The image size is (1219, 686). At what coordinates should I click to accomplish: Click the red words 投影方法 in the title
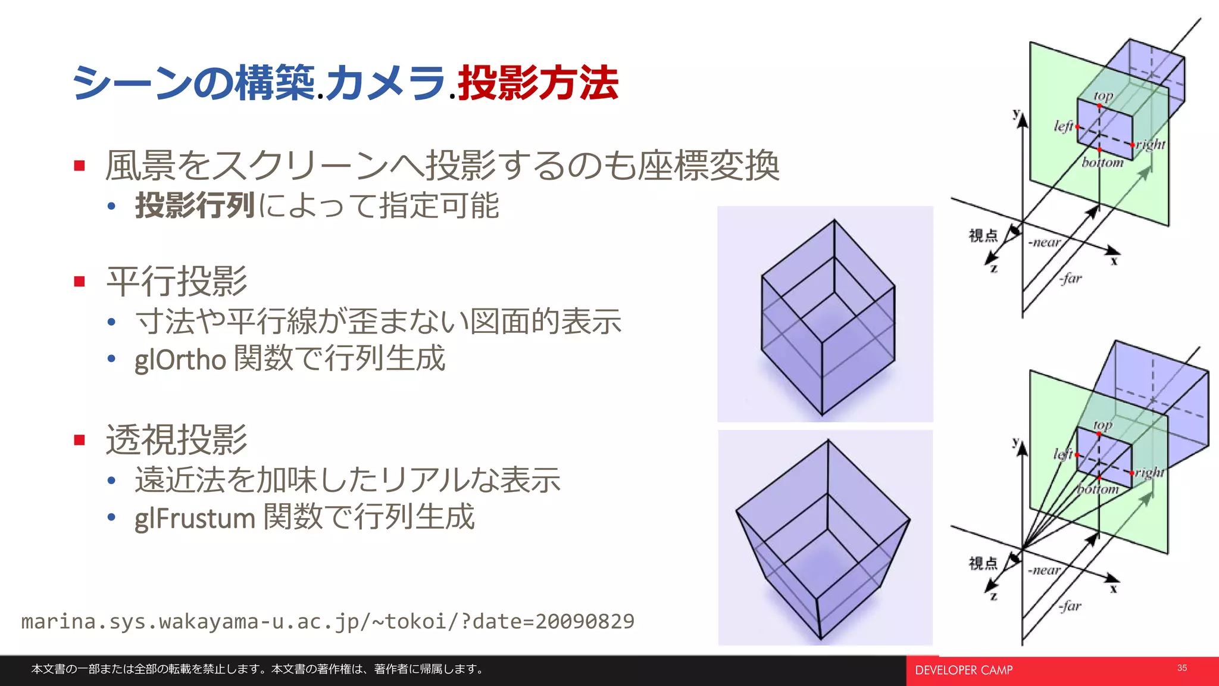coord(538,83)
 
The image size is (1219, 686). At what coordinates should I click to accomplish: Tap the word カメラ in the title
coord(386,83)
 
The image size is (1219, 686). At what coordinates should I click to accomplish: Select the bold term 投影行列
coord(195,205)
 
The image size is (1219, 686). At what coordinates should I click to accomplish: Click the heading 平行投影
coord(177,281)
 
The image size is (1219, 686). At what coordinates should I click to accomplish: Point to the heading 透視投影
coord(177,439)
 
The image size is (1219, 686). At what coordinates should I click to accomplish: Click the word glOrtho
coord(180,359)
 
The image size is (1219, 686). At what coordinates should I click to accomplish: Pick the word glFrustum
coord(195,517)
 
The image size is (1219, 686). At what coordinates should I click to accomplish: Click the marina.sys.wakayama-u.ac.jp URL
coord(327,622)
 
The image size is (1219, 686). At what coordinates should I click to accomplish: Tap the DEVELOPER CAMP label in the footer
coord(964,671)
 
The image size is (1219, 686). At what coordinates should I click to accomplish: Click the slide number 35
coord(1182,668)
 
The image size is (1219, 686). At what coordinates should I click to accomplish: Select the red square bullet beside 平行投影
coord(80,281)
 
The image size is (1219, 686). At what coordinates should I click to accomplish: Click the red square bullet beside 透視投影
coord(80,440)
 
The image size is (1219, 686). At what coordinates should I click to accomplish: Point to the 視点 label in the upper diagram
coord(983,236)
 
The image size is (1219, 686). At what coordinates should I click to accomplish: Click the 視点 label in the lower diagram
coord(983,563)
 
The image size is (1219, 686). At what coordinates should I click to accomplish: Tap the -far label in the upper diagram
coord(1070,278)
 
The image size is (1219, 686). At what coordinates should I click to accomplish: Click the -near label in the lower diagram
coord(1044,570)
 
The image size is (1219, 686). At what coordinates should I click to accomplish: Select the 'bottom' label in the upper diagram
coord(1102,163)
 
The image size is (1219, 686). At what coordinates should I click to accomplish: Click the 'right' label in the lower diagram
coord(1149,473)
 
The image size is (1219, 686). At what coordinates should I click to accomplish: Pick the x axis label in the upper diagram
coord(1114,261)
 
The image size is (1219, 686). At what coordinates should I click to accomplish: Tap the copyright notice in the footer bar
coord(257,669)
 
